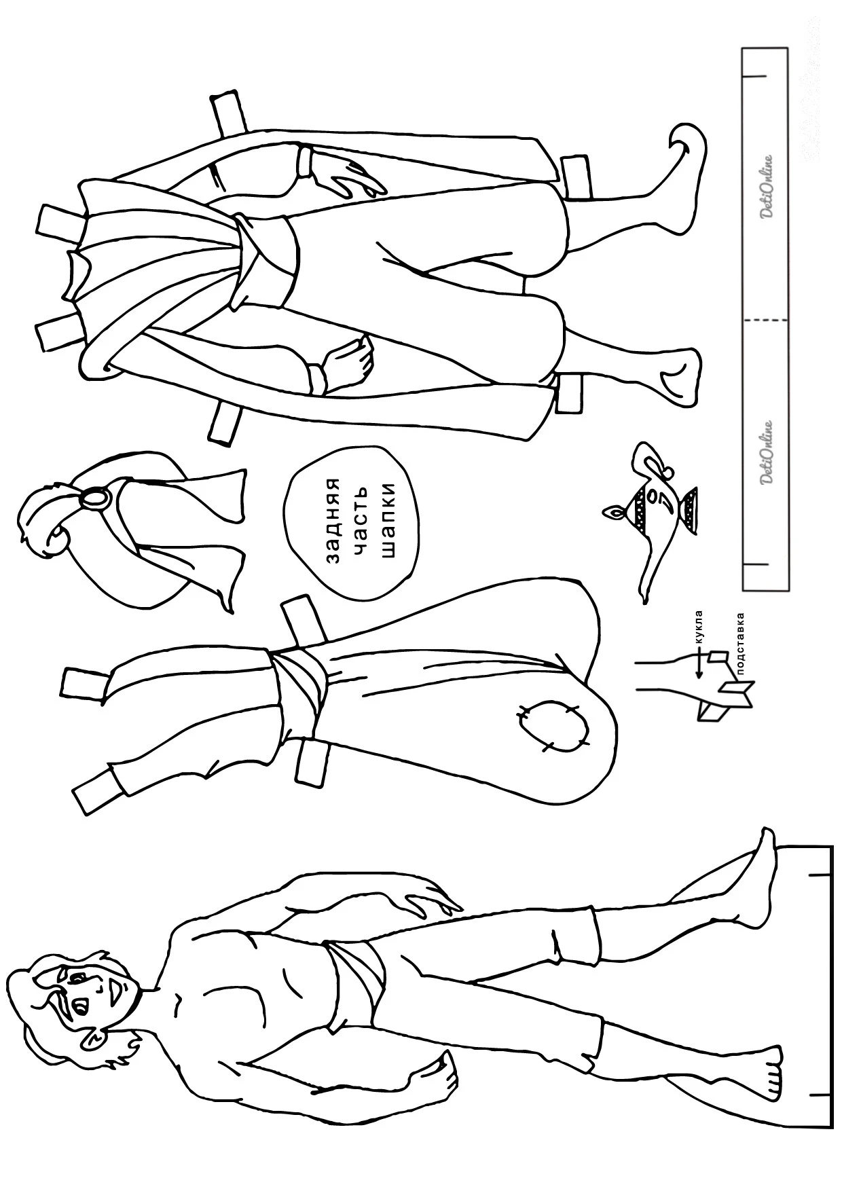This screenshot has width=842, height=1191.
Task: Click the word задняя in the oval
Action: point(333,521)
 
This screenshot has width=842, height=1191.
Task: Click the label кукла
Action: point(699,627)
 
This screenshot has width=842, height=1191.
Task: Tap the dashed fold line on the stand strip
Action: point(765,319)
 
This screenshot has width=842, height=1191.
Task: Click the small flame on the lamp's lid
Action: point(614,511)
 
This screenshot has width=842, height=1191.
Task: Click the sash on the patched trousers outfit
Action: point(299,693)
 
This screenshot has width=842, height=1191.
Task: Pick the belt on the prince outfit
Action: point(268,261)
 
